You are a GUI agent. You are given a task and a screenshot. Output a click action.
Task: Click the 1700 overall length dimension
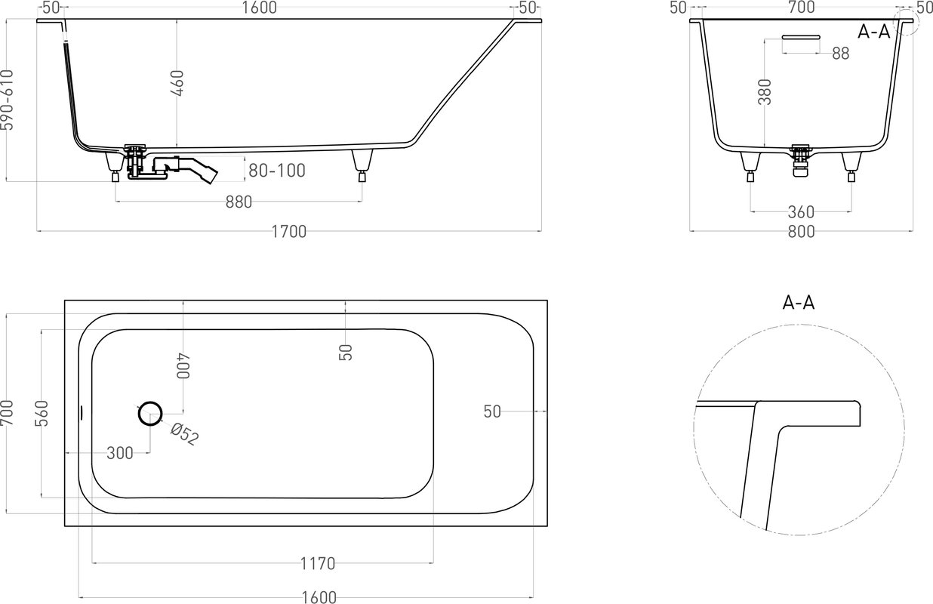[x=288, y=231]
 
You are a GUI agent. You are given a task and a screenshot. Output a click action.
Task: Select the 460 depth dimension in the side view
[x=177, y=83]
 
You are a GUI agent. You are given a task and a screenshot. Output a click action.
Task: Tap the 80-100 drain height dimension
[x=277, y=171]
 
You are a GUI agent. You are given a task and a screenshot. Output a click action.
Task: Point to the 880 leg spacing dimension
[x=239, y=202]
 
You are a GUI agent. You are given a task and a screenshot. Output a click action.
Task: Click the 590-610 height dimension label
[x=7, y=100]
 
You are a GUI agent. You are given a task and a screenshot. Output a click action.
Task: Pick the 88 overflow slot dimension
[x=841, y=54]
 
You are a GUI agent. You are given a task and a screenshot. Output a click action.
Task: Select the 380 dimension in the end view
[x=765, y=91]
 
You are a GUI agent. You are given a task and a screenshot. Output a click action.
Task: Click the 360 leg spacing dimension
[x=801, y=212]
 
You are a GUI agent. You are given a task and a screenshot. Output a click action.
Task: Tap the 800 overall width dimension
[x=801, y=232]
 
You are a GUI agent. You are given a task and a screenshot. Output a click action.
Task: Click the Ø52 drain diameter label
[x=184, y=434]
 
